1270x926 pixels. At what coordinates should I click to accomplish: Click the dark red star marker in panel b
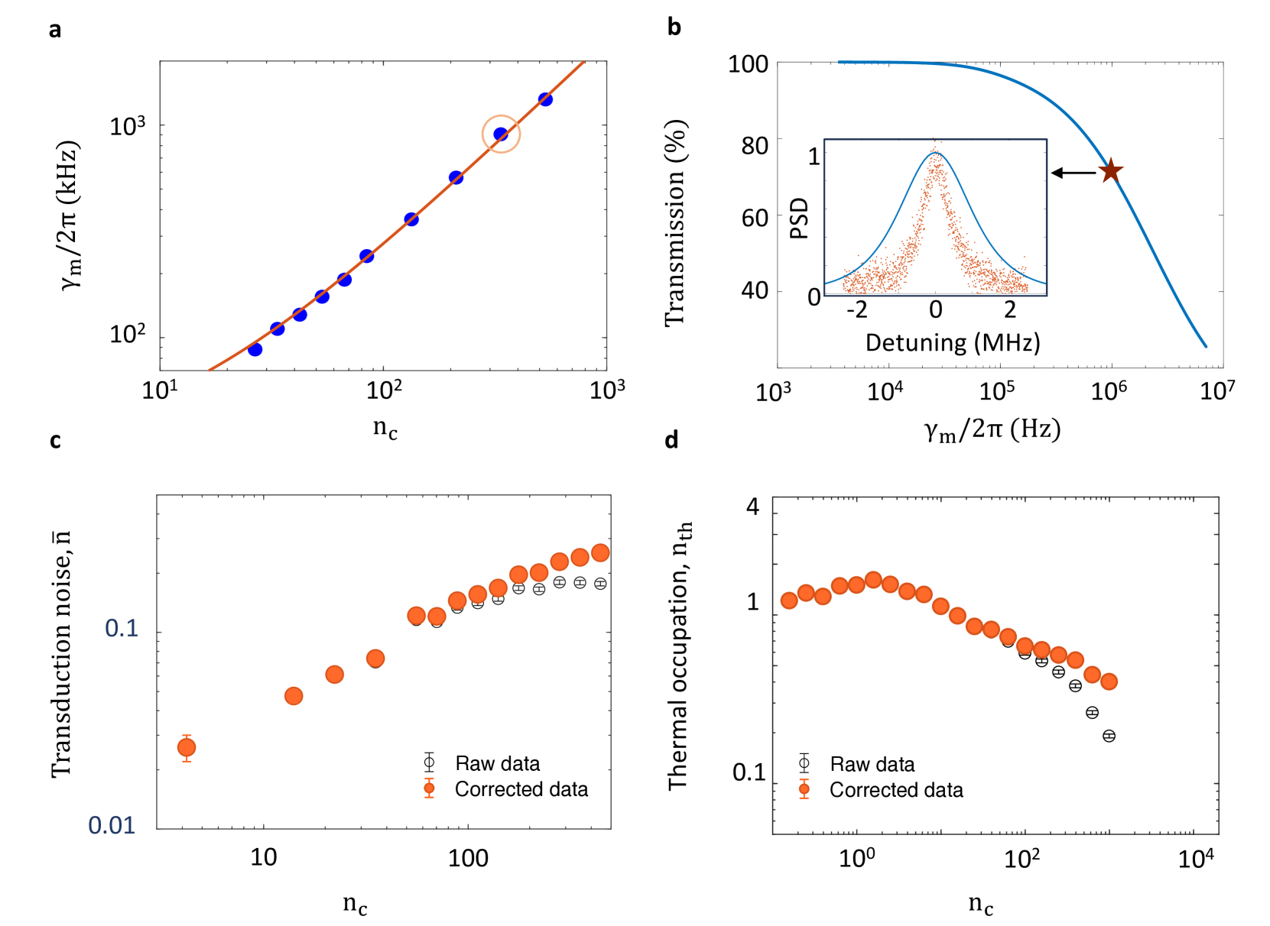(x=1110, y=170)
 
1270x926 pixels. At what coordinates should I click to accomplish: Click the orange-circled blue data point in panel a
(x=501, y=134)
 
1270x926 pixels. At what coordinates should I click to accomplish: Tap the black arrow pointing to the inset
(x=1073, y=173)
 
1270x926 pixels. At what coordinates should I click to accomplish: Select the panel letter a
(x=54, y=30)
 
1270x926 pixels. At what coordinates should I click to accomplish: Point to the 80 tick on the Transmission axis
(x=754, y=145)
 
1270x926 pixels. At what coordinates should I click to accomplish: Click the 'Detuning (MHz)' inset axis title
(x=952, y=342)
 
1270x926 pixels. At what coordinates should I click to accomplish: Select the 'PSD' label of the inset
(x=799, y=218)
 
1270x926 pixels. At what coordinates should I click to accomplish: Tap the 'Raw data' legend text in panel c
(x=497, y=763)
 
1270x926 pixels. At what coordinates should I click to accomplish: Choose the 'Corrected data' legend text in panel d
(x=896, y=790)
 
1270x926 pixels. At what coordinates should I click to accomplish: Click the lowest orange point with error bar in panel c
(x=187, y=747)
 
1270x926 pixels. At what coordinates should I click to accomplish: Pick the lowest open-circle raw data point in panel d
(x=1109, y=736)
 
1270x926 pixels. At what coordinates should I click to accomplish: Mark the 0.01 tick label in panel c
(x=112, y=825)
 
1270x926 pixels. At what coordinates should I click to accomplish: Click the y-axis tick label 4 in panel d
(x=752, y=507)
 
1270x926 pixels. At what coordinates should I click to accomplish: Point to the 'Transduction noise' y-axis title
(x=61, y=654)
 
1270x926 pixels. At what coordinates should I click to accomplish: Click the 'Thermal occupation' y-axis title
(x=679, y=656)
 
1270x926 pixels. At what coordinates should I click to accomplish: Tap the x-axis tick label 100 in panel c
(x=468, y=858)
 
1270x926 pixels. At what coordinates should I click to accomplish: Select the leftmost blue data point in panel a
(x=255, y=349)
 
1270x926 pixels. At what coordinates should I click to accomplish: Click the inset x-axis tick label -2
(x=856, y=309)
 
